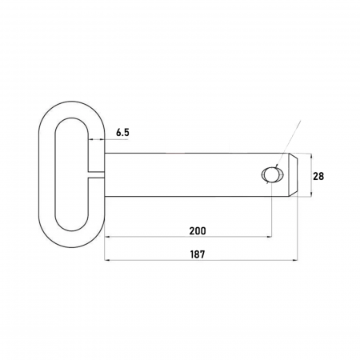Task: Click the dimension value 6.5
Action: pyautogui.click(x=122, y=132)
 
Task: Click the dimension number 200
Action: pyautogui.click(x=197, y=230)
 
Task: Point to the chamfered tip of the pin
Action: pyautogui.click(x=296, y=175)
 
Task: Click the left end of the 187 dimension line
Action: pyautogui.click(x=105, y=261)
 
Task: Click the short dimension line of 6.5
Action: pyautogui.click(x=96, y=140)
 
